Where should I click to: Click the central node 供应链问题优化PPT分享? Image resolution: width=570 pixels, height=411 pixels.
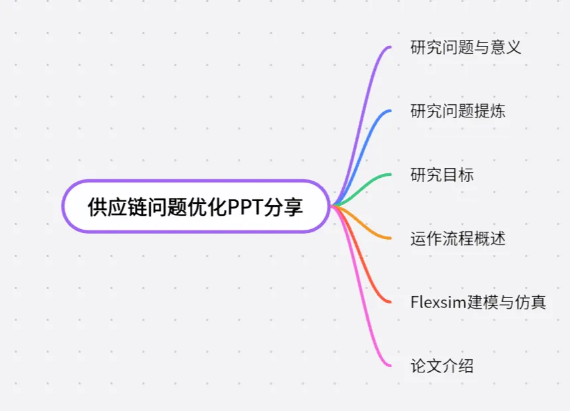coord(196,206)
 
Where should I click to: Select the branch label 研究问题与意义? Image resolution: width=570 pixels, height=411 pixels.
coord(465,47)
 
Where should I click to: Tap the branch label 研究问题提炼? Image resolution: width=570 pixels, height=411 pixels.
coord(458,111)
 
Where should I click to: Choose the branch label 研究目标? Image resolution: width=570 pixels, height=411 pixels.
coord(442,175)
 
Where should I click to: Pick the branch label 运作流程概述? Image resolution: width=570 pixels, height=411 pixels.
coord(458,238)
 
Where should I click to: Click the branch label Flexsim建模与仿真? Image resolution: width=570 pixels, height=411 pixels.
coord(478,302)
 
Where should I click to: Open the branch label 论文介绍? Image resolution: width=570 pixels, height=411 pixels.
coord(442,366)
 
